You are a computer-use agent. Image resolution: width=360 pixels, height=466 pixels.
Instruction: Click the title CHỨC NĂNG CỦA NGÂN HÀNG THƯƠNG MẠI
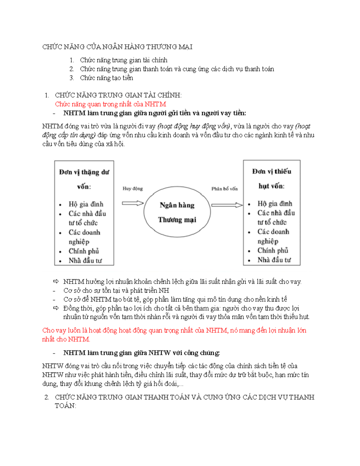(117, 47)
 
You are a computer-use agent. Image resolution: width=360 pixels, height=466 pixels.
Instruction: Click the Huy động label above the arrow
(133, 188)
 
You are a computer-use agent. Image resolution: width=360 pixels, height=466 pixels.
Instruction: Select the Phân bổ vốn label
(224, 189)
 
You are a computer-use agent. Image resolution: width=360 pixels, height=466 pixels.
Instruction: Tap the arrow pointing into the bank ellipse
(133, 203)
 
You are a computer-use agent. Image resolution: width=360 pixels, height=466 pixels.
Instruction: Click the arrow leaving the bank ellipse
(227, 205)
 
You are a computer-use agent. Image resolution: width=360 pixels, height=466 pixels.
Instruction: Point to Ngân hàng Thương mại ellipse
(177, 212)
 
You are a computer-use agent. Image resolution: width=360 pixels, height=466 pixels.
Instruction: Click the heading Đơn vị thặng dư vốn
(84, 179)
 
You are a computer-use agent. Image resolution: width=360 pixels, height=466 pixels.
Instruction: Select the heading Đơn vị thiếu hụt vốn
(271, 179)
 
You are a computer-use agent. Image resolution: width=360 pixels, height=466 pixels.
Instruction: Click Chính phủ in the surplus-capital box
(84, 251)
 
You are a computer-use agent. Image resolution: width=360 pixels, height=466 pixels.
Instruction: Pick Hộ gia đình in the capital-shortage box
(274, 204)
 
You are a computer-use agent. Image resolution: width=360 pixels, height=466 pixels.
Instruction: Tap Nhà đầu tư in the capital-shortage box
(274, 260)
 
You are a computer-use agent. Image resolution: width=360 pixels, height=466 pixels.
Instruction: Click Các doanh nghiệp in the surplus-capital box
(84, 237)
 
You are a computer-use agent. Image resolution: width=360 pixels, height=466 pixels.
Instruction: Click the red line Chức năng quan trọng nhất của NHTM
(110, 104)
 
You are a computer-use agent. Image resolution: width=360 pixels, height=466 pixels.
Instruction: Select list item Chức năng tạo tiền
(106, 78)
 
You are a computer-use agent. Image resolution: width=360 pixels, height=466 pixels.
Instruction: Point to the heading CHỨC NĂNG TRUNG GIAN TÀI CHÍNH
(118, 95)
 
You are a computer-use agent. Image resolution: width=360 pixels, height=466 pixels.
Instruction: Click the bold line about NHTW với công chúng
(141, 353)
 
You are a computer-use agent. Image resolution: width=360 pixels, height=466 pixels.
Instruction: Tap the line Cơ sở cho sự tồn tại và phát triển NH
(116, 290)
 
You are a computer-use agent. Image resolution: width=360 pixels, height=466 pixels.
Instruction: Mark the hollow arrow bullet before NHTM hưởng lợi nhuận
(56, 281)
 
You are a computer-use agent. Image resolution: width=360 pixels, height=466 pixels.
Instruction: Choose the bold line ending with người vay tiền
(154, 113)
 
